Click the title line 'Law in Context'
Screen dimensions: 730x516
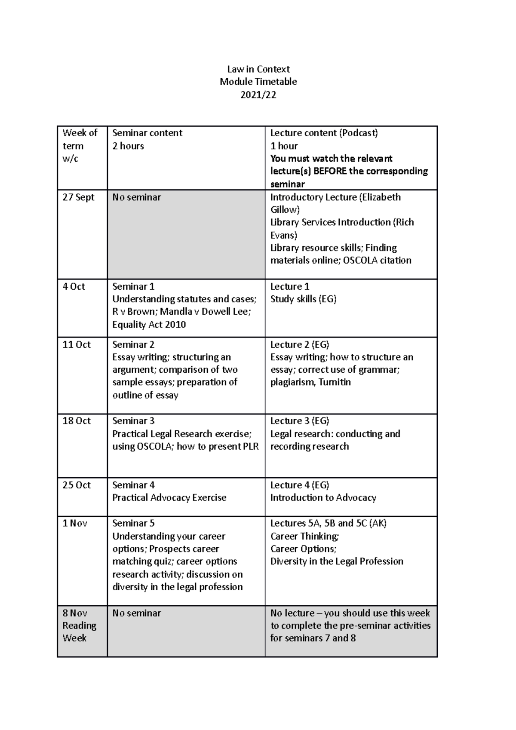pos(258,69)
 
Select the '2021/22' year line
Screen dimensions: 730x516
pos(258,95)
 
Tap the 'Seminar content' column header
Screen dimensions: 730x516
pos(147,133)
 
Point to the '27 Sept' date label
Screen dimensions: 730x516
pos(78,197)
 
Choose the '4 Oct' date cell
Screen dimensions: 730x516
pos(74,286)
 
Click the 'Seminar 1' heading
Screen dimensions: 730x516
pos(133,286)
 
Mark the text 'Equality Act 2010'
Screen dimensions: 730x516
pos(149,324)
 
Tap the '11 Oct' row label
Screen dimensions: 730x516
pos(77,344)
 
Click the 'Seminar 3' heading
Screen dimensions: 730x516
pos(133,421)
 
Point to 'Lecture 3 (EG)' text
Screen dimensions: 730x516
pos(299,421)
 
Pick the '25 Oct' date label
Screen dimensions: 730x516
pos(77,485)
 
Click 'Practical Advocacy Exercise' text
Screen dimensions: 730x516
pos(169,498)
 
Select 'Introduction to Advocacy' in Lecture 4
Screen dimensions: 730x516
pos(323,498)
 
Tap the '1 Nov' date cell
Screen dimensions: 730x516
pos(75,523)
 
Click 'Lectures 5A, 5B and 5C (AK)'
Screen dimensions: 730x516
pos(328,523)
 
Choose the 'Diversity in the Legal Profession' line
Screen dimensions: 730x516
pos(337,561)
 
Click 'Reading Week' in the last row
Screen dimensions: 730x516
pos(79,632)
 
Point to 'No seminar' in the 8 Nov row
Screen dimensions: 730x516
pos(136,613)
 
